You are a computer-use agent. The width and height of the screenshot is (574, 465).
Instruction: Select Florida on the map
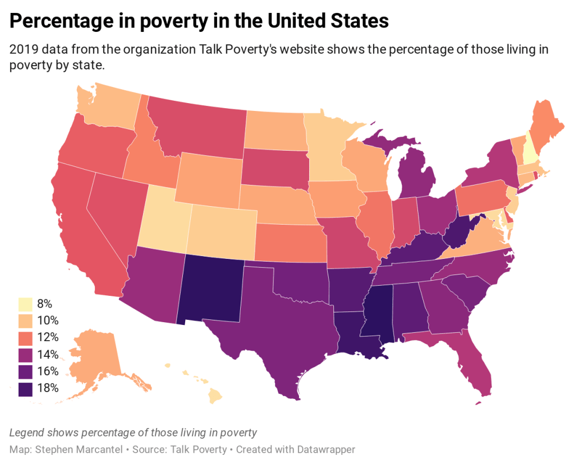(471, 370)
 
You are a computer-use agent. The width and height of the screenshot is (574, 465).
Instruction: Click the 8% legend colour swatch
(25, 304)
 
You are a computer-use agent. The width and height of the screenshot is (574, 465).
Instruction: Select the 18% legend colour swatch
(25, 388)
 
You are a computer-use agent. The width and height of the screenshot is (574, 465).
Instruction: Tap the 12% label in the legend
(48, 338)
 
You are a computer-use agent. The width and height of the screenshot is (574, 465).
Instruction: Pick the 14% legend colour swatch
(25, 355)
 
